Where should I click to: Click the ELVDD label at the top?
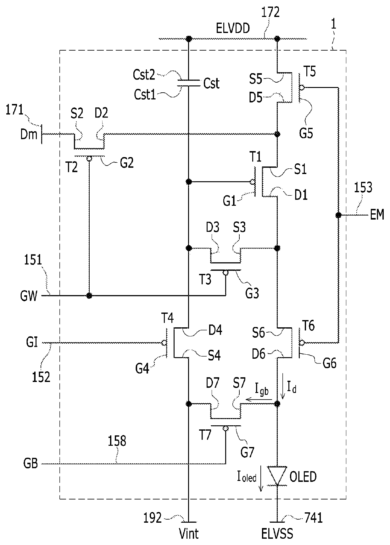[233, 29]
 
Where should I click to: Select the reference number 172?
[270, 13]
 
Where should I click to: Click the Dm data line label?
[29, 134]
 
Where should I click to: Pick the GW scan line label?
[29, 296]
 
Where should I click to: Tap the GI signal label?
[31, 342]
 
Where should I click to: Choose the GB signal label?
[31, 464]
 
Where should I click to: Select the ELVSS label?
[277, 534]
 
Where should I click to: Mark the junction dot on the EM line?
[338, 215]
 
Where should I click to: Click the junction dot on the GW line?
[89, 296]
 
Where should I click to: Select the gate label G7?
[247, 452]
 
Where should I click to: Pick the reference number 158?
[117, 441]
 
